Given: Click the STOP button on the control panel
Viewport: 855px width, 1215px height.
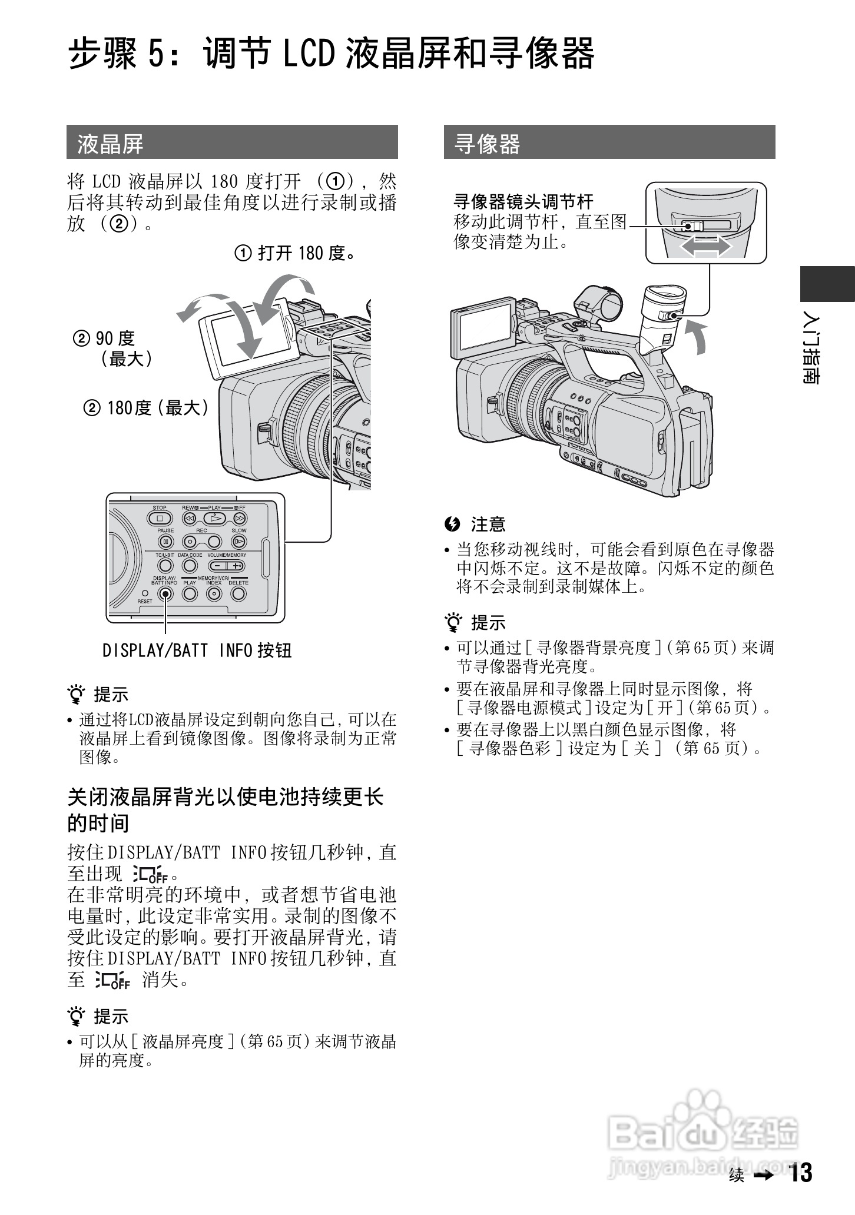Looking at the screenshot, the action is click(160, 519).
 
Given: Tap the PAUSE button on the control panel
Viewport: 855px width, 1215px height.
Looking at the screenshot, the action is click(166, 541).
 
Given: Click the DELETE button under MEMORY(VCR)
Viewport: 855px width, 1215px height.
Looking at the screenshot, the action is click(238, 593).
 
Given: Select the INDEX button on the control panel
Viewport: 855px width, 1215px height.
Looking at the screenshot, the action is click(214, 593).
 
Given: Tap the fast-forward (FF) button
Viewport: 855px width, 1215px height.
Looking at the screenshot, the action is click(239, 519).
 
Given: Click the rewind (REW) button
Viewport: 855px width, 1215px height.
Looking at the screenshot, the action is click(189, 519).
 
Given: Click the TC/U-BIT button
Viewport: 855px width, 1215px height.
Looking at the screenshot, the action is click(165, 566).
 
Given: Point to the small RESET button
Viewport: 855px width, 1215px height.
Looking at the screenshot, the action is click(145, 593).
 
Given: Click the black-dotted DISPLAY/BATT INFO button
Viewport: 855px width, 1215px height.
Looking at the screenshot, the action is click(165, 593).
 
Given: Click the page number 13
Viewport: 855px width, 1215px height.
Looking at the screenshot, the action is click(801, 1173).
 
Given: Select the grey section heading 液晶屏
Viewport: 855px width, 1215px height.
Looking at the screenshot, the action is click(111, 144).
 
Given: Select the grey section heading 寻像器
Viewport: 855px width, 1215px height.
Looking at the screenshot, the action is click(488, 144).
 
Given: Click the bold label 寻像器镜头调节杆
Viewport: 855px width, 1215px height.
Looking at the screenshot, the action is click(523, 202).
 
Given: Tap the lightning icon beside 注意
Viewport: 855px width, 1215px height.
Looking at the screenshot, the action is click(452, 523).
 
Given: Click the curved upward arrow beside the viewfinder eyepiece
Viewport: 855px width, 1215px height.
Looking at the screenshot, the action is click(698, 338).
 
